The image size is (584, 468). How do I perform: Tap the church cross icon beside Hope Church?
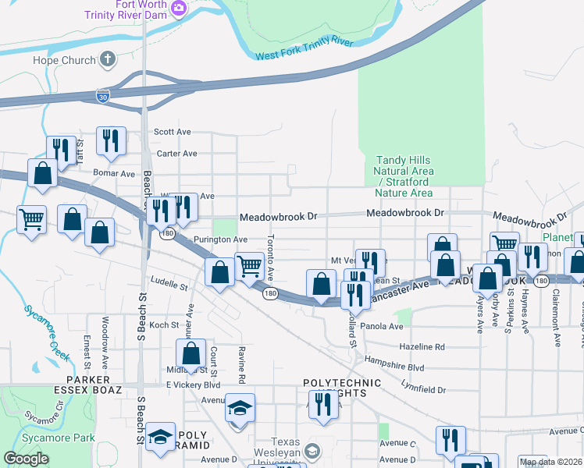tap(108, 59)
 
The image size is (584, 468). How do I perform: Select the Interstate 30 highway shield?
tap(103, 95)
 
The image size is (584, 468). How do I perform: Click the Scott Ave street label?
tap(173, 133)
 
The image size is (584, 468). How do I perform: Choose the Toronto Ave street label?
tap(271, 259)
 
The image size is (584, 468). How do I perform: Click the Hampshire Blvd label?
tap(394, 366)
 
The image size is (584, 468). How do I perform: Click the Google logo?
tap(27, 459)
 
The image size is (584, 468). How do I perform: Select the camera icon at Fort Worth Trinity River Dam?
tap(180, 9)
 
